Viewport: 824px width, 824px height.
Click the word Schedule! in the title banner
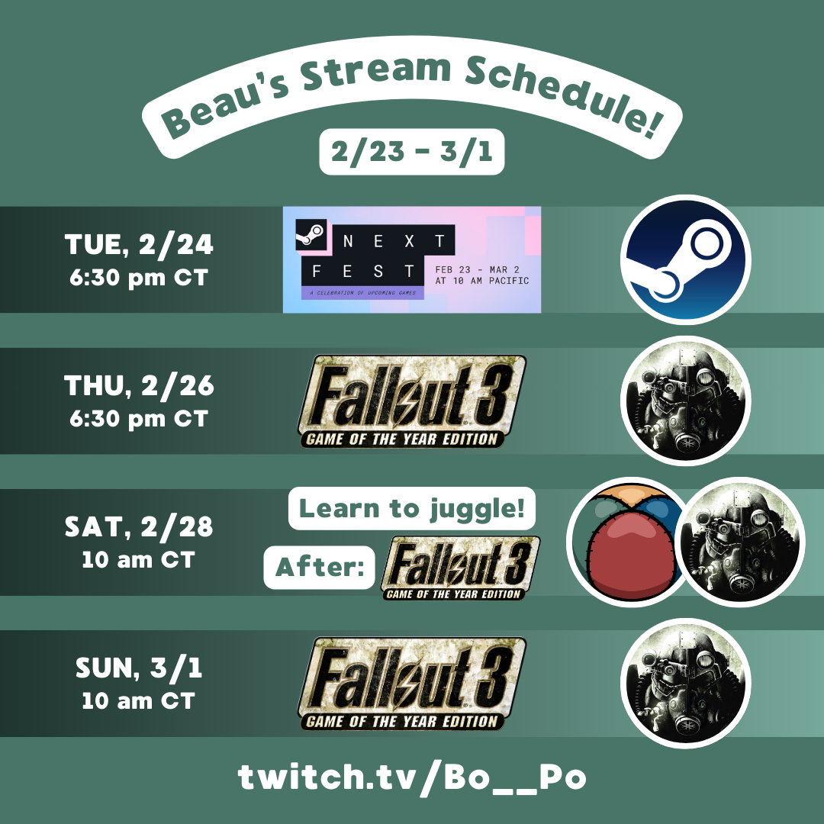click(x=562, y=95)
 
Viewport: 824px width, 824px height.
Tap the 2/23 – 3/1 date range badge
click(x=411, y=151)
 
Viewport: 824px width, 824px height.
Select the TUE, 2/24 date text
click(x=139, y=244)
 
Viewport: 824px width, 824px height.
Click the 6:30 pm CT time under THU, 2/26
click(x=139, y=419)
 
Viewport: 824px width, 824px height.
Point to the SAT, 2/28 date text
click(x=139, y=526)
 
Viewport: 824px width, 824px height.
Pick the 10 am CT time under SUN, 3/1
click(x=139, y=700)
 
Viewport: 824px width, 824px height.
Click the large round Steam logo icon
click(x=686, y=259)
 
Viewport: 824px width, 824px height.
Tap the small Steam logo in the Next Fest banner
click(x=311, y=234)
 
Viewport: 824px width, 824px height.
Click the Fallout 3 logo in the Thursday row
click(x=411, y=401)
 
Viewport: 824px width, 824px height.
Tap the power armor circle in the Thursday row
click(x=686, y=401)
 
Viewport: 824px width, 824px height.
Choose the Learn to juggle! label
click(x=411, y=508)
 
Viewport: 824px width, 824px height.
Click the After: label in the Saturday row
click(x=319, y=567)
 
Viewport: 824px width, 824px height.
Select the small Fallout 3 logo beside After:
click(x=460, y=568)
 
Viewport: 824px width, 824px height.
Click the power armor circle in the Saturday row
click(x=740, y=542)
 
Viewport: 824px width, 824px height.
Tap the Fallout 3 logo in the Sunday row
click(x=411, y=684)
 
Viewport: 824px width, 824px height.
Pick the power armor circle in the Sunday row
click(x=686, y=683)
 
